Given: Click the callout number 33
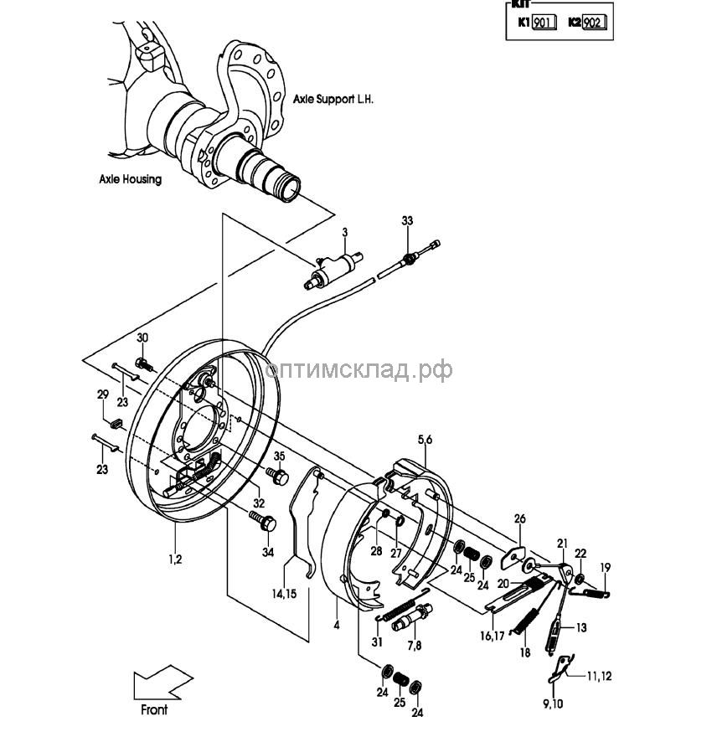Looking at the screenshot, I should point(407,220).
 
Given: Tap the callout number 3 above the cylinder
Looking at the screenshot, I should point(343,231).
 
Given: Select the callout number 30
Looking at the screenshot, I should point(142,338).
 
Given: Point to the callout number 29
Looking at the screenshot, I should point(103,394).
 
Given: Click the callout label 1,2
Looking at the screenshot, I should point(174,559).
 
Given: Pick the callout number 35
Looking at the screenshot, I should point(280,456).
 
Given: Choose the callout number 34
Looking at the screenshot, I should point(268,552).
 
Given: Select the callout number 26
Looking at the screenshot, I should point(519,519).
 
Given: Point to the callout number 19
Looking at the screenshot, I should point(606,567).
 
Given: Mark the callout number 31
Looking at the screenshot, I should point(378,642).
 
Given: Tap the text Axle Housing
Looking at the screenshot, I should point(130,179).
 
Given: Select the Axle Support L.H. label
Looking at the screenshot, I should point(333,98).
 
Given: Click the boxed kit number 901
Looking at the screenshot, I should point(544,23).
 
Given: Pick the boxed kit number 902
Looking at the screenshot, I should point(593,23).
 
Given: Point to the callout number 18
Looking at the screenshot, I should point(525,652).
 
